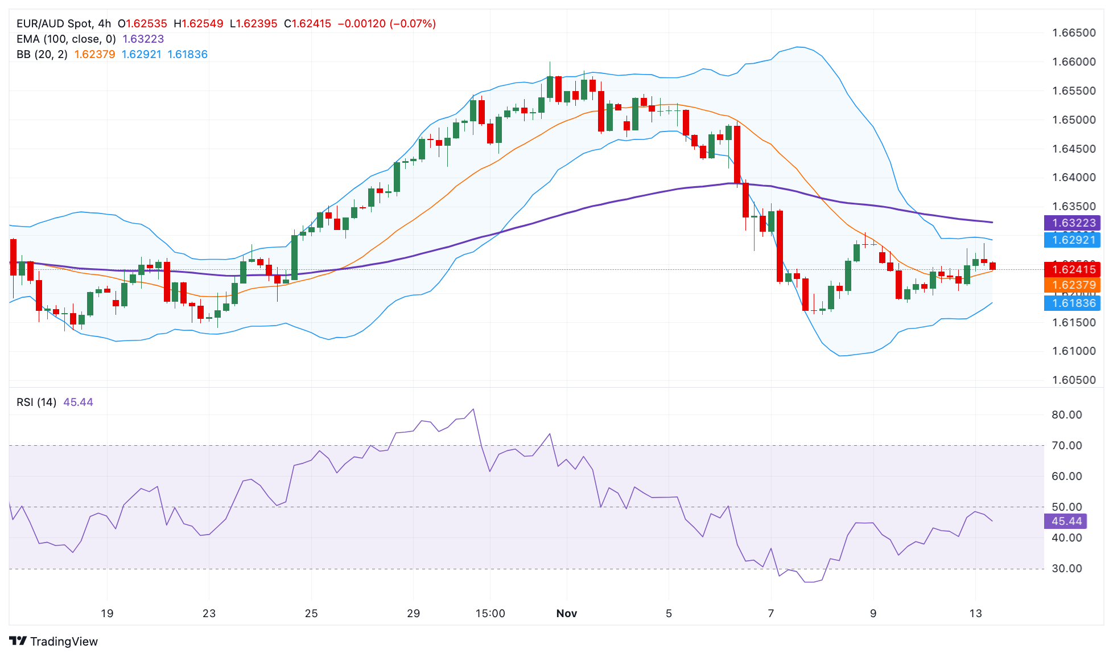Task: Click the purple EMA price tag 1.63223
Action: pos(1072,223)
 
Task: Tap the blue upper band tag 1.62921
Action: pos(1072,240)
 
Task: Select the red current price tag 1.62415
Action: pos(1072,269)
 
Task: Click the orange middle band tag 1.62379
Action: pos(1072,285)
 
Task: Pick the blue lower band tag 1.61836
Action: pos(1072,303)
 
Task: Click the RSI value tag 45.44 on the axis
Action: pos(1066,521)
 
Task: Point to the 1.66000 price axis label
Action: pos(1074,61)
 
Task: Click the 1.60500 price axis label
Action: pos(1074,380)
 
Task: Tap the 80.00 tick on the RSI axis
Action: pos(1066,414)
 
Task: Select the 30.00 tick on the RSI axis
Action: pos(1066,568)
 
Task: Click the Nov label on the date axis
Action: pos(566,613)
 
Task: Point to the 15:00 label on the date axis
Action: pos(490,613)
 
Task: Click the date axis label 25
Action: pos(311,613)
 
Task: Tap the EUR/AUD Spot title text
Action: pos(54,23)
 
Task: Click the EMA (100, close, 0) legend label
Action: pos(66,39)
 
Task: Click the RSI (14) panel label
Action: pos(36,402)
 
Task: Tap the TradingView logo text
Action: pos(64,641)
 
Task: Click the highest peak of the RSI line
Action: pos(473,409)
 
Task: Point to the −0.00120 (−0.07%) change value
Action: pos(387,23)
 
